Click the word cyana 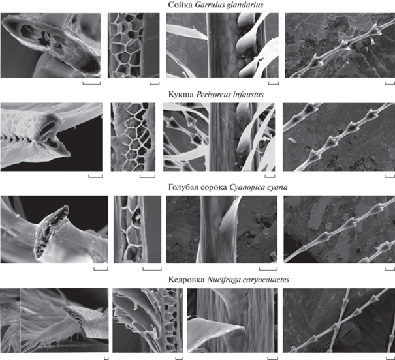(x=277, y=188)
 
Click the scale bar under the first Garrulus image (x=91, y=83)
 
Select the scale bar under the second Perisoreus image (x=148, y=176)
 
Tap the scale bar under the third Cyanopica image (x=268, y=269)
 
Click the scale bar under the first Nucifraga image (x=106, y=358)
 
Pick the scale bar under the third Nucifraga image (x=272, y=358)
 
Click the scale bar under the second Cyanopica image (x=152, y=269)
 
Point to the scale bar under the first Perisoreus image (x=95, y=176)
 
